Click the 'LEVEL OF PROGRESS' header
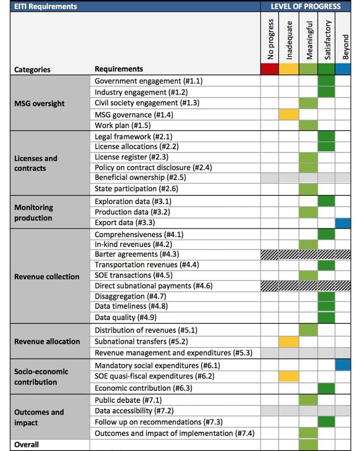[306, 6]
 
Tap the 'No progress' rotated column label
[270, 39]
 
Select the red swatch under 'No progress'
[270, 69]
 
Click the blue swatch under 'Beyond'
[343, 69]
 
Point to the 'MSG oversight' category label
[39, 104]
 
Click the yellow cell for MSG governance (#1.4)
[288, 115]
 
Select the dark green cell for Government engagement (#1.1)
[326, 81]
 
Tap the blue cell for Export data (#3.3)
[343, 223]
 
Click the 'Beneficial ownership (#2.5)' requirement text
[140, 177]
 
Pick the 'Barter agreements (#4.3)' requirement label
[137, 254]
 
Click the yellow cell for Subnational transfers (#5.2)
[288, 342]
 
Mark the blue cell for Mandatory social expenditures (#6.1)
[343, 365]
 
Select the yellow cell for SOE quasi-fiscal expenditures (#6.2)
[288, 377]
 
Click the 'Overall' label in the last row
[26, 445]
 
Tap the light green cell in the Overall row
[308, 445]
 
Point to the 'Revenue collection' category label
[47, 277]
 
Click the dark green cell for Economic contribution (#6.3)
[326, 388]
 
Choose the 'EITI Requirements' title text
[46, 6]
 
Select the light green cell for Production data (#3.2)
[308, 213]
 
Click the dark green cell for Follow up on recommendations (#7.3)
[326, 422]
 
